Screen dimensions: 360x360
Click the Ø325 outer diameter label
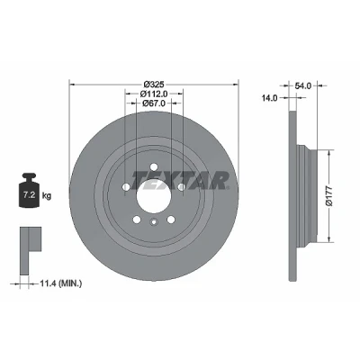[154, 84]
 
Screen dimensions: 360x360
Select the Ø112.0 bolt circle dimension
[154, 94]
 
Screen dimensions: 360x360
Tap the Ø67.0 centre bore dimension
[154, 103]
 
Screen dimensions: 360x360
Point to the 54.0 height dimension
[303, 86]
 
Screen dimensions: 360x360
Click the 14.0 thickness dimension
[269, 97]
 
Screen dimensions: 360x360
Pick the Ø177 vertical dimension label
[329, 196]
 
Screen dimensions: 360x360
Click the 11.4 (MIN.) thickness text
[60, 283]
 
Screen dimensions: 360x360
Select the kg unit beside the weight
[47, 196]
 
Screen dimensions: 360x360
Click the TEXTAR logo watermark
[180, 180]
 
